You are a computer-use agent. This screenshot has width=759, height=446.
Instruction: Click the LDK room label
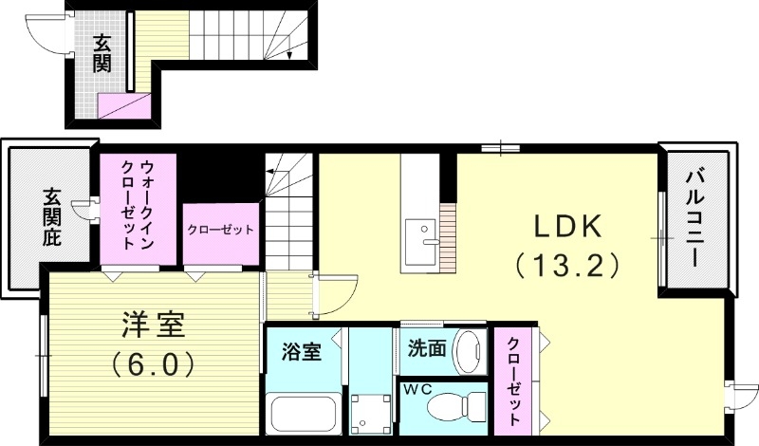[x=566, y=225]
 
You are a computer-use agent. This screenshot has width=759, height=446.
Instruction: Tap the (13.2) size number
[x=566, y=263]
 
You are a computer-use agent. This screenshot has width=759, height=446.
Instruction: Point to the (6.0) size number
[x=153, y=362]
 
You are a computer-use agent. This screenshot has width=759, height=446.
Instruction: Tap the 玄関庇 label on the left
[x=50, y=218]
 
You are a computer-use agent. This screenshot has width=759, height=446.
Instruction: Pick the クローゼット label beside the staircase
[x=220, y=230]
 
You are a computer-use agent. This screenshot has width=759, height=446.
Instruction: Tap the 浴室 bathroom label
[x=301, y=350]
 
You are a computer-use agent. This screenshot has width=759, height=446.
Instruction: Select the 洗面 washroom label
[x=427, y=348]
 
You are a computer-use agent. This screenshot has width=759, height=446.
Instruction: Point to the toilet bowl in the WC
[x=453, y=408]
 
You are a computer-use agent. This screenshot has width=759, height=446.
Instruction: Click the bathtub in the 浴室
[x=304, y=413]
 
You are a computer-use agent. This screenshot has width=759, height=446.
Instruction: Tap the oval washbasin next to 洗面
[x=468, y=352]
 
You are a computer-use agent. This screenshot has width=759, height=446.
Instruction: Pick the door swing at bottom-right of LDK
[x=743, y=394]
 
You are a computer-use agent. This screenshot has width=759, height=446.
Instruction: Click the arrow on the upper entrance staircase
[x=289, y=54]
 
